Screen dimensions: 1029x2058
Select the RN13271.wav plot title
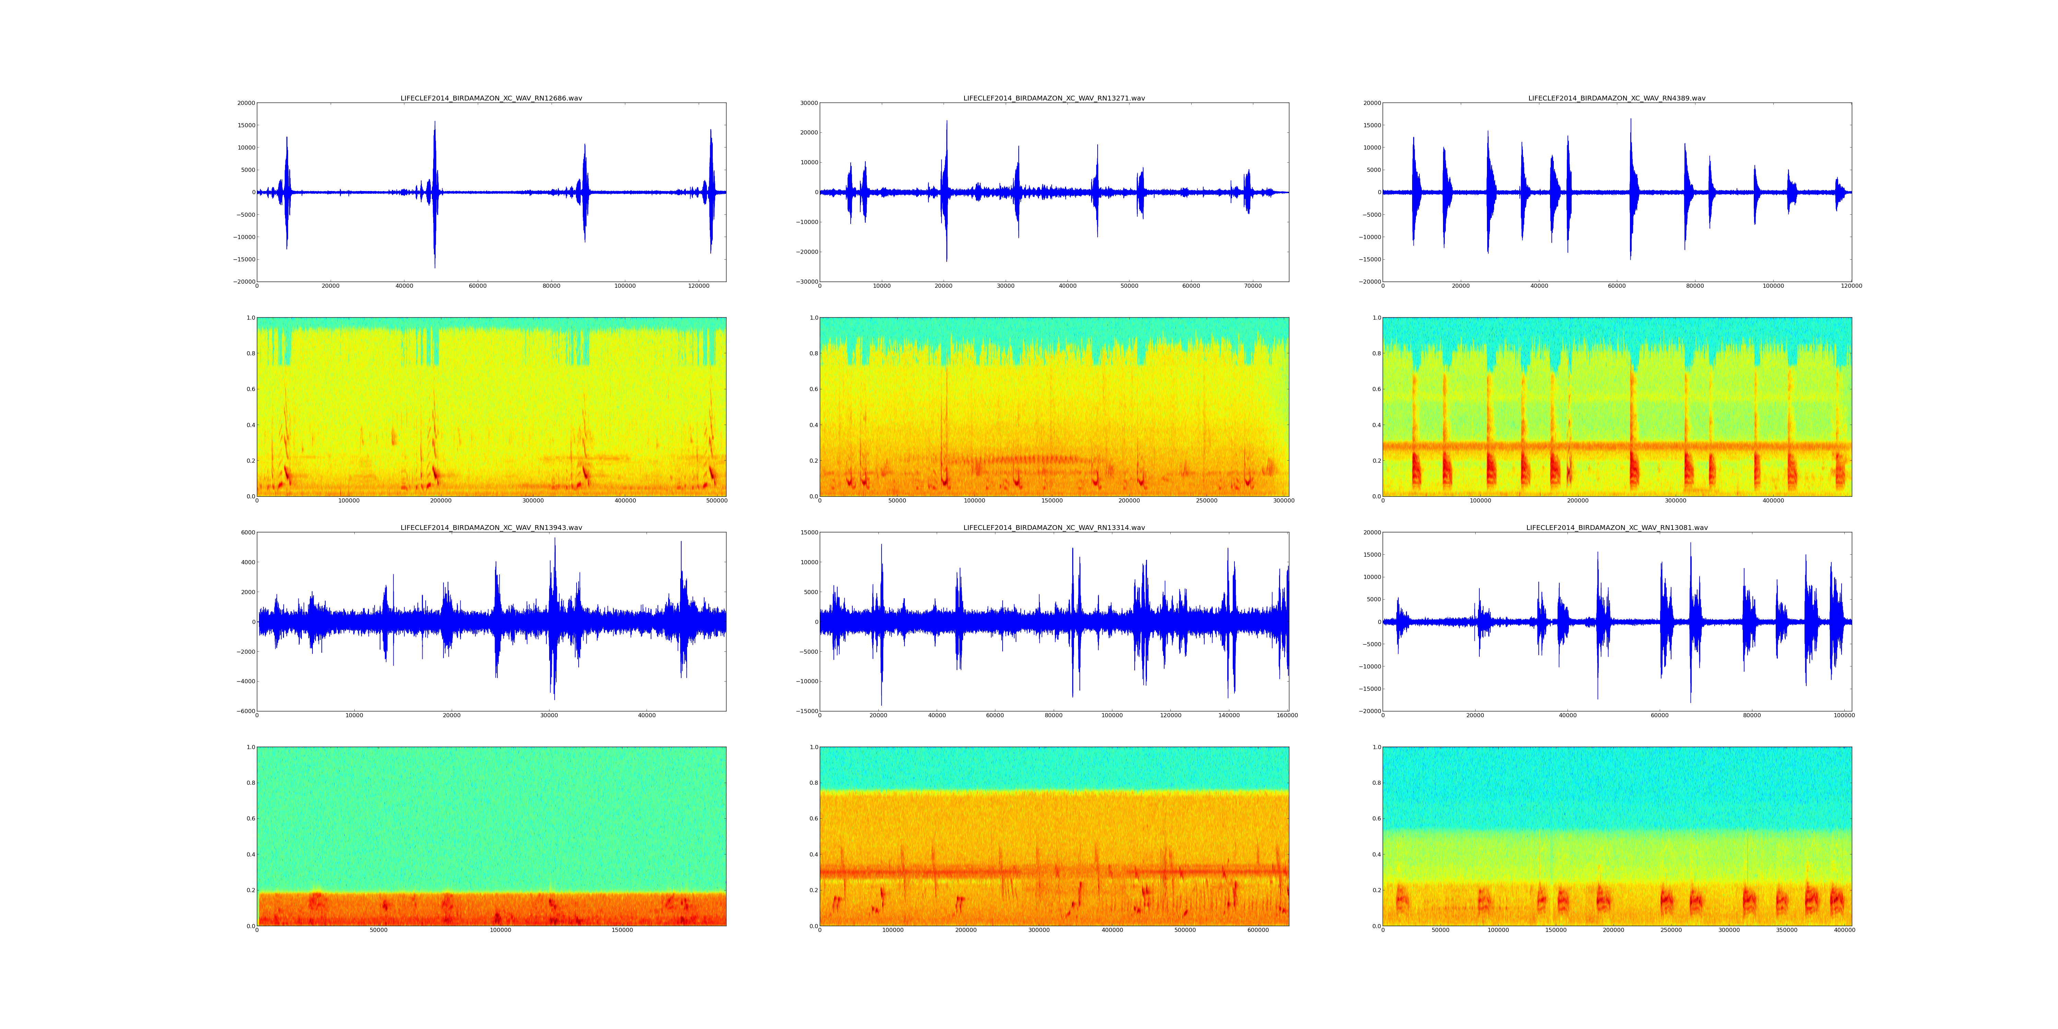coord(1054,98)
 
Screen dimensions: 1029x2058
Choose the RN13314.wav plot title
coord(1054,527)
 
